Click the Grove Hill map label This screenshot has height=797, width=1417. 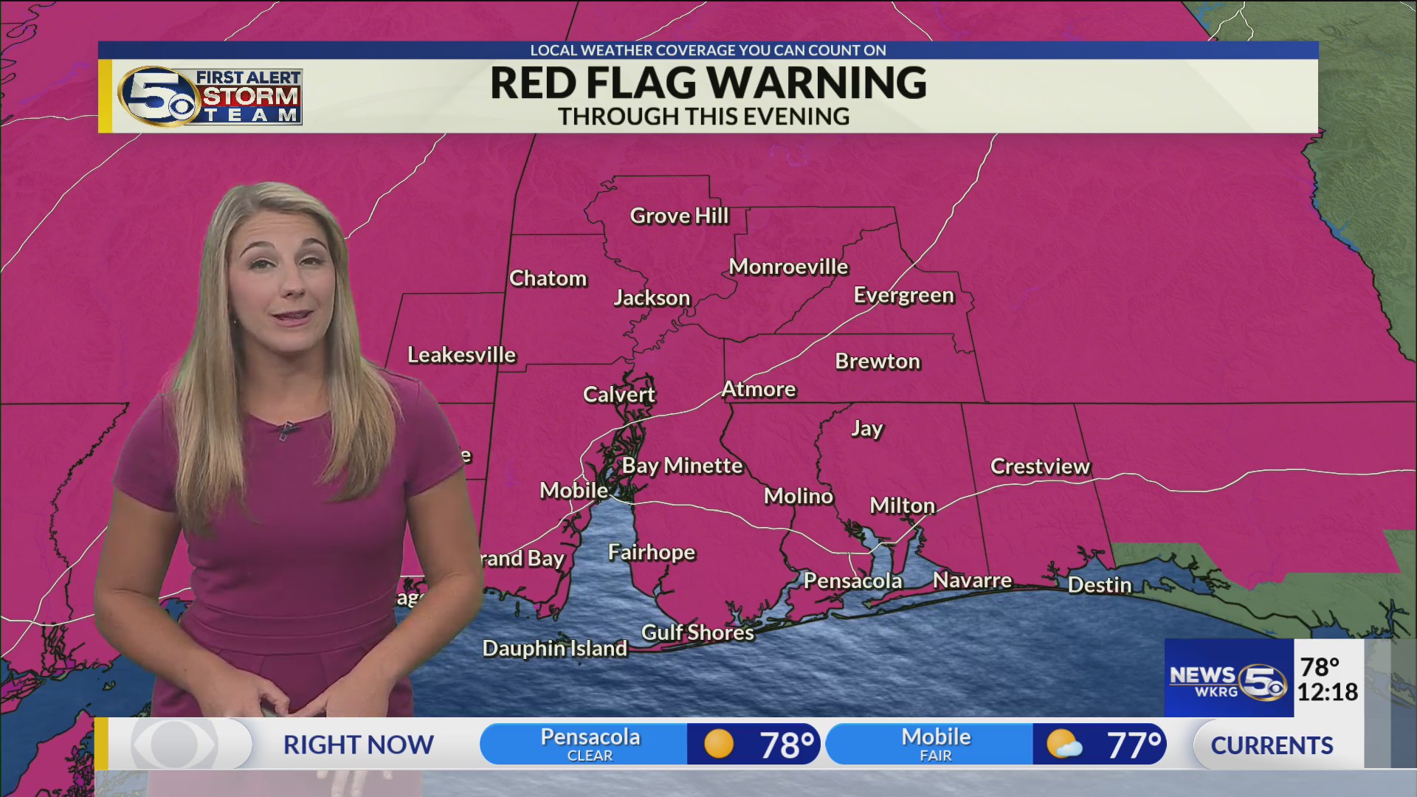click(x=679, y=216)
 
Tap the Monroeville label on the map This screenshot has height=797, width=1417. click(x=788, y=267)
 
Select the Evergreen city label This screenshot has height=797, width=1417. click(x=903, y=296)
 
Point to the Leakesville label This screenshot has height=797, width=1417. click(x=461, y=356)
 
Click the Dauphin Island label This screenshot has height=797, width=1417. click(x=554, y=649)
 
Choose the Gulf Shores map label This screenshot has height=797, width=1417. click(x=697, y=632)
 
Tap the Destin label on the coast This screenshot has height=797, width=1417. click(x=1099, y=585)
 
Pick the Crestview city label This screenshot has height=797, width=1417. click(x=1039, y=466)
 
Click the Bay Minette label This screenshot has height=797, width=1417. click(x=681, y=466)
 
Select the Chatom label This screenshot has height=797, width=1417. click(x=548, y=279)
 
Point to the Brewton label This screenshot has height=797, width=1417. click(x=878, y=362)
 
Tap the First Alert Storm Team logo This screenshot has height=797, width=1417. click(x=210, y=96)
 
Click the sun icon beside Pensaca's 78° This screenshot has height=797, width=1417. click(x=718, y=744)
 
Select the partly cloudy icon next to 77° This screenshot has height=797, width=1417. click(x=1063, y=745)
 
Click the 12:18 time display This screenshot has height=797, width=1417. click(x=1327, y=692)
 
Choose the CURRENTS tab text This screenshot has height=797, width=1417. click(x=1272, y=745)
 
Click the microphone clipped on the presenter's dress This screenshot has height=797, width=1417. click(x=289, y=430)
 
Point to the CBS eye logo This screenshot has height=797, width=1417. click(x=175, y=744)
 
